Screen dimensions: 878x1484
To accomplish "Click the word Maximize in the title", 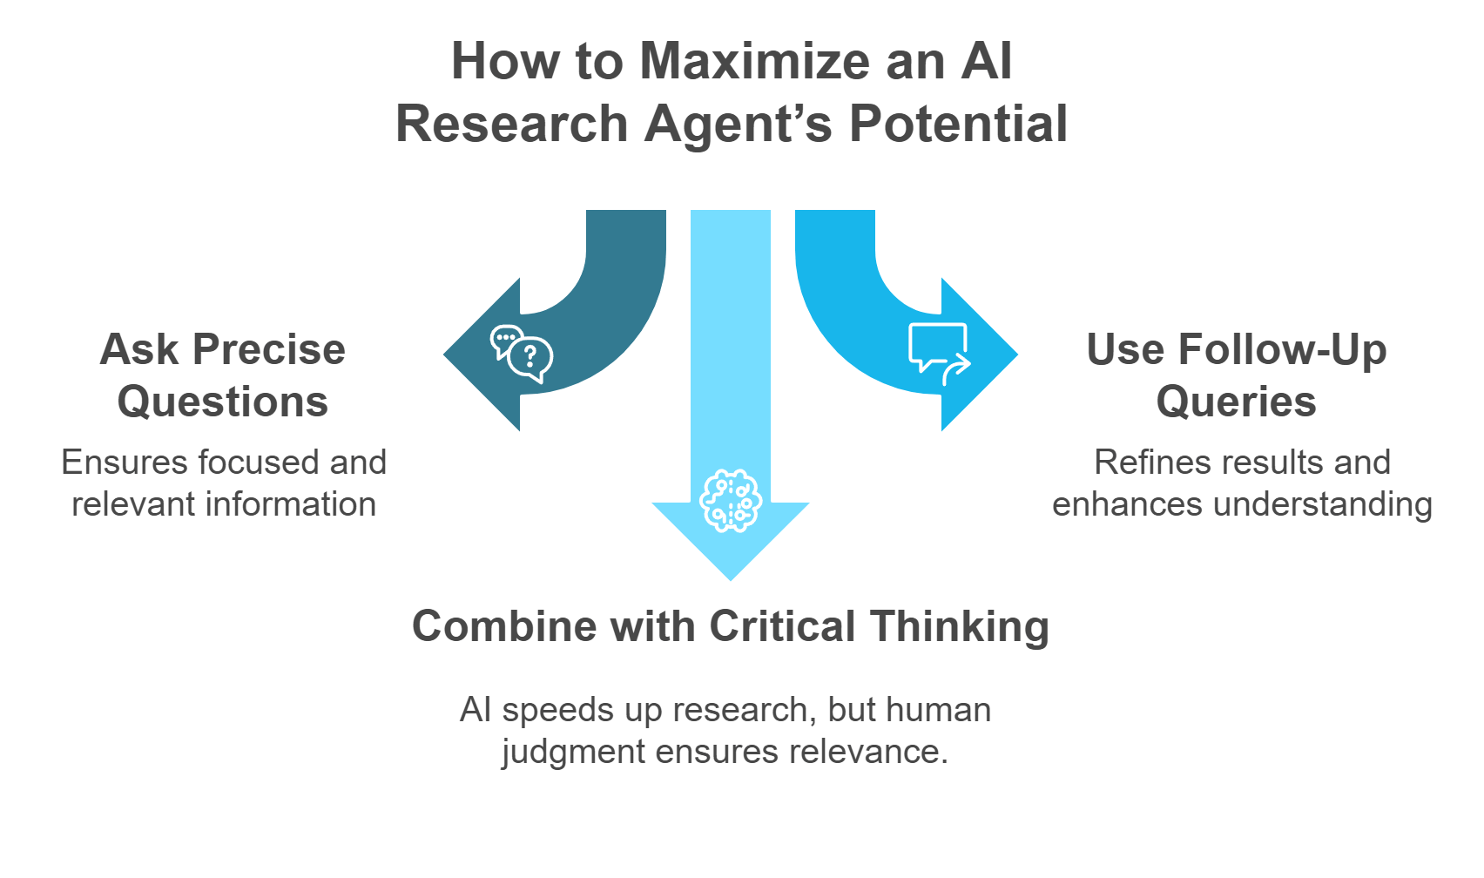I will (x=755, y=62).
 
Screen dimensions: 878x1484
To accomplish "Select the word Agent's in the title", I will (x=739, y=124).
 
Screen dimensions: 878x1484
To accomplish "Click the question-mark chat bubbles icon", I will (x=522, y=354).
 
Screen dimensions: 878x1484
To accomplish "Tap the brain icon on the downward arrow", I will (x=731, y=501).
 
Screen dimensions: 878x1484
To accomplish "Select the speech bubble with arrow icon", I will (x=939, y=354).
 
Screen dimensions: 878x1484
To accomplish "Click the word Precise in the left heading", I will (x=269, y=350).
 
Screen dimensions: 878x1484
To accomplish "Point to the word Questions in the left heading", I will (x=223, y=402).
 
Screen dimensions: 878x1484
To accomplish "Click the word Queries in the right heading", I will (x=1236, y=402).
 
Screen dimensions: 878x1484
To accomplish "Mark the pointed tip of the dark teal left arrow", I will (x=446, y=355).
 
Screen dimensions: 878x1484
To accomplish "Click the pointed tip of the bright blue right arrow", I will (x=1015, y=355).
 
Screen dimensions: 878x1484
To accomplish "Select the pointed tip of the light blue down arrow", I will (x=731, y=577).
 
